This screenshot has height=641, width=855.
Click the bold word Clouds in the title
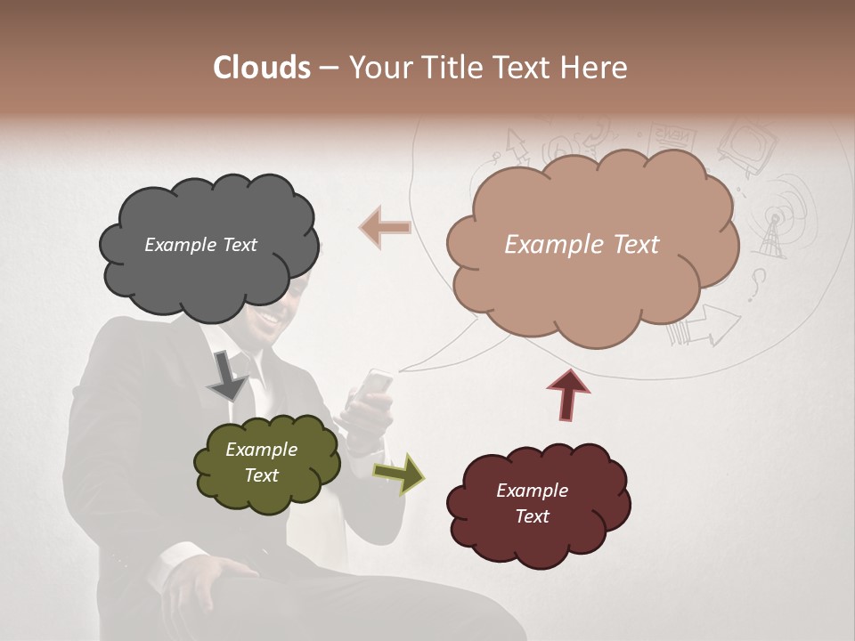click(262, 68)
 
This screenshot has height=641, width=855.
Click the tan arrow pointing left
click(386, 228)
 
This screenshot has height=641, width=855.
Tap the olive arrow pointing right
click(400, 473)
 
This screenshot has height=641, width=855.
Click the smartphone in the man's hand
click(377, 384)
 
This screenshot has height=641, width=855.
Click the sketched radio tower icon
click(771, 233)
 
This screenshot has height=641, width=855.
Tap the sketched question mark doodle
click(758, 285)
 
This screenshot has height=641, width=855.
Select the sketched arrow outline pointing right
click(718, 324)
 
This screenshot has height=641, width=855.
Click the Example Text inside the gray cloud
click(200, 245)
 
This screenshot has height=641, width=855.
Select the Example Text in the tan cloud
click(582, 245)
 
